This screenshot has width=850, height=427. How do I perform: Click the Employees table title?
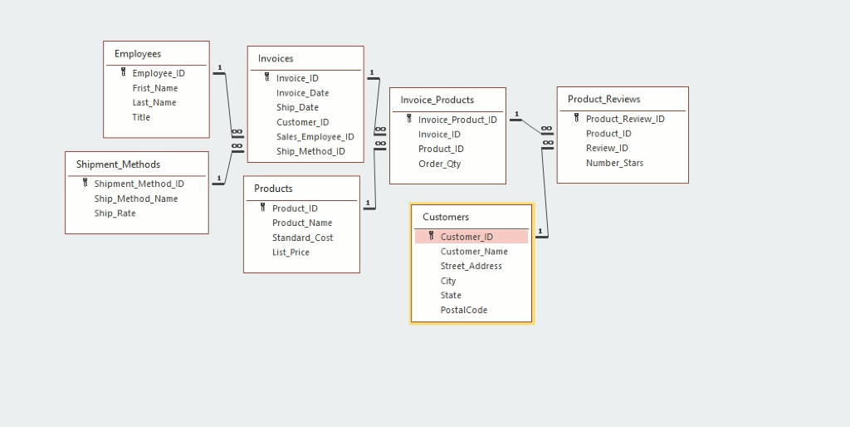pyautogui.click(x=138, y=54)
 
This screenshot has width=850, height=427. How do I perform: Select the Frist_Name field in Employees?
pyautogui.click(x=154, y=88)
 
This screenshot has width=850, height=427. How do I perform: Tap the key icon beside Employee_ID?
pyautogui.click(x=123, y=73)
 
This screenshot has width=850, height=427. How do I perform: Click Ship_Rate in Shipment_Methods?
pyautogui.click(x=115, y=213)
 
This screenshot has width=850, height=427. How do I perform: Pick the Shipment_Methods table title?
pyautogui.click(x=118, y=164)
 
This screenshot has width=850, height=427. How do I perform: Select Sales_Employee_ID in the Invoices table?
pyautogui.click(x=315, y=137)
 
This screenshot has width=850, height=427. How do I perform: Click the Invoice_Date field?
pyautogui.click(x=302, y=93)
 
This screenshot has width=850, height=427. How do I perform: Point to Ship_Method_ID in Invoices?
pyautogui.click(x=310, y=152)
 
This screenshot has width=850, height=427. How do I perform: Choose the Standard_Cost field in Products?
pyautogui.click(x=302, y=238)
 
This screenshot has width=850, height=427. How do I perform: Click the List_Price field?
pyautogui.click(x=291, y=253)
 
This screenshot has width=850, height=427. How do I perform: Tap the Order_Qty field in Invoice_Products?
pyautogui.click(x=439, y=164)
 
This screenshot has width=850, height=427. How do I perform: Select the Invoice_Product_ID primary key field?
pyautogui.click(x=457, y=120)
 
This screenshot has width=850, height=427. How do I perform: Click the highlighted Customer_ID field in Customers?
pyautogui.click(x=467, y=237)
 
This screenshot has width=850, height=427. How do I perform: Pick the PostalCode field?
pyautogui.click(x=463, y=310)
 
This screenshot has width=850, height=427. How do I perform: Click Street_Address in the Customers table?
pyautogui.click(x=471, y=266)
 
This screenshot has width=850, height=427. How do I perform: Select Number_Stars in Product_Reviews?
pyautogui.click(x=614, y=163)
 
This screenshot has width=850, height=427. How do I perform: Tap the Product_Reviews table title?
pyautogui.click(x=603, y=99)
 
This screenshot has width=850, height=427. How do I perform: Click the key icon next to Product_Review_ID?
pyautogui.click(x=576, y=119)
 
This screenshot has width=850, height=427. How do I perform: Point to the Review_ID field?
pyautogui.click(x=607, y=148)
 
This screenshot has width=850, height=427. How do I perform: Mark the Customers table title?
pyautogui.click(x=446, y=217)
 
